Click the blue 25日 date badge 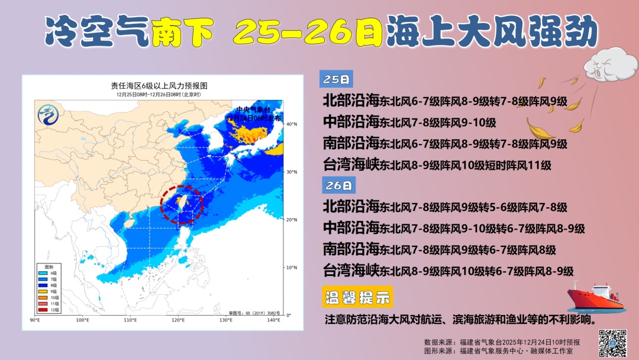point(336,79)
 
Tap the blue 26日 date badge point(339,185)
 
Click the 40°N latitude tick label point(291,124)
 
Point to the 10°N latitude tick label point(291,268)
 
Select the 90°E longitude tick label point(35,320)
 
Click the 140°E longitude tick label point(273,320)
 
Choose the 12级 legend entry point(53,310)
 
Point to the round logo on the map point(47,114)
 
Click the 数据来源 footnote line point(502,342)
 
